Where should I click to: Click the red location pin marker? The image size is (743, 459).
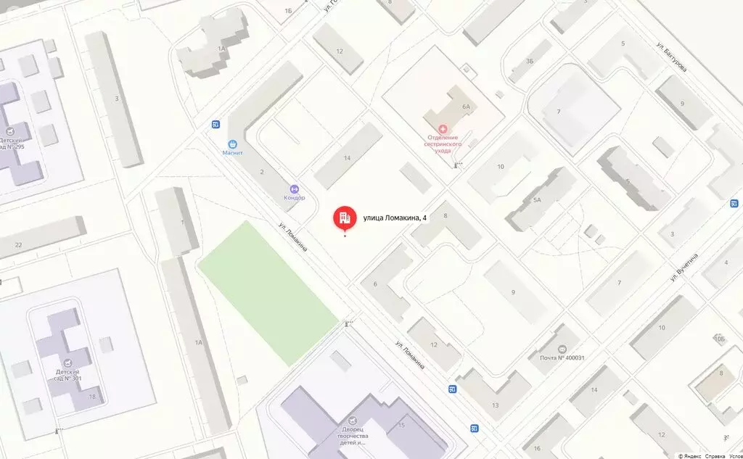pos(344,218)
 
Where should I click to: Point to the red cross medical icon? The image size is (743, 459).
pos(443,128)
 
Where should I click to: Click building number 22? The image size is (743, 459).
pos(18,245)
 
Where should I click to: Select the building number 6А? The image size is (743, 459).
pos(466,107)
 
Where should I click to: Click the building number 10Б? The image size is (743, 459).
pos(719,339)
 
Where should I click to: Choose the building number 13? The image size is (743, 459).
pos(496,405)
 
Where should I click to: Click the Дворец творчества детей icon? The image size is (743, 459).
pos(353,421)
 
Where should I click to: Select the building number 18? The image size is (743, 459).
pos(92,397)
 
